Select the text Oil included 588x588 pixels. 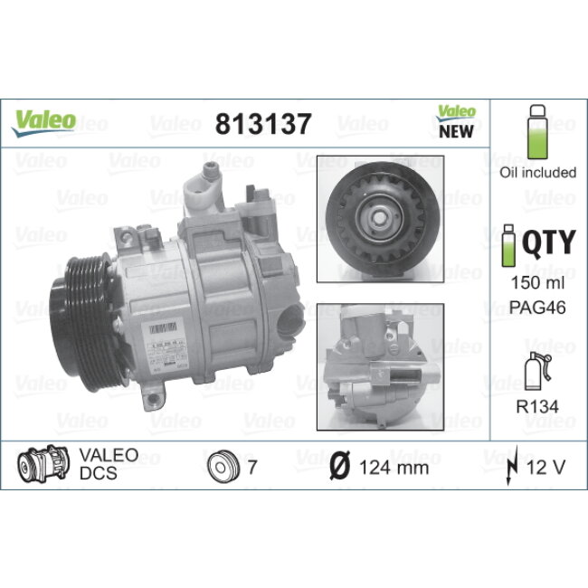[537, 173]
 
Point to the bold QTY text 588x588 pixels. [549, 242]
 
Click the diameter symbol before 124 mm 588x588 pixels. [338, 468]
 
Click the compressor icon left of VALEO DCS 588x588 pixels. [44, 466]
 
